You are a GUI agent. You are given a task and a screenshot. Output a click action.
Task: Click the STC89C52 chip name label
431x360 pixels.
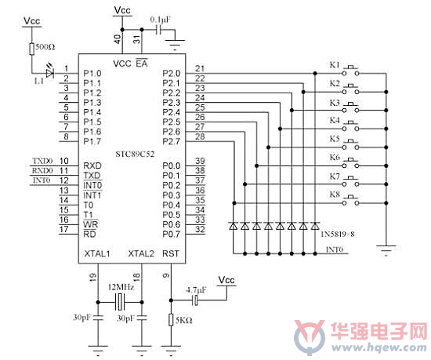[135, 154]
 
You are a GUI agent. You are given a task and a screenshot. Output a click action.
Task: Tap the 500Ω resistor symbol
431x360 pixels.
[32, 49]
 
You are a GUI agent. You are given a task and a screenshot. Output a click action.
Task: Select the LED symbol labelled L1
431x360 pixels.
[50, 73]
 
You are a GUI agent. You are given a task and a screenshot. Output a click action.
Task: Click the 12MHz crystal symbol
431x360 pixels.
[120, 302]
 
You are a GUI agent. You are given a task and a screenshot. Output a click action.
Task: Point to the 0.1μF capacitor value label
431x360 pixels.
[160, 20]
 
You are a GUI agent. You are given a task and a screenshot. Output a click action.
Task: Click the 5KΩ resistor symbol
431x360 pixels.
[171, 320]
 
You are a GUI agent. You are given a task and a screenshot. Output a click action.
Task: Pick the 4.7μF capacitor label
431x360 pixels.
[196, 290]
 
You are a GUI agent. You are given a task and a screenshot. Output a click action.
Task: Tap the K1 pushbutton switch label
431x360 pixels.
[335, 65]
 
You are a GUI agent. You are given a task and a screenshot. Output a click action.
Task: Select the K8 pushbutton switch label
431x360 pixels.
[335, 195]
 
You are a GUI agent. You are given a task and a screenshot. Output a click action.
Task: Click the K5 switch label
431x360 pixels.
[335, 139]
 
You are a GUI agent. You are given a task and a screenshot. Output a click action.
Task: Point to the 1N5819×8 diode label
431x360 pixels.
[338, 235]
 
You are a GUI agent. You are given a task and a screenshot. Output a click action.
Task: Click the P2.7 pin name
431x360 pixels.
[172, 141]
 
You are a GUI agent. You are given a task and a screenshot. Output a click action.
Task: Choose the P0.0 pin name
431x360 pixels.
[172, 165]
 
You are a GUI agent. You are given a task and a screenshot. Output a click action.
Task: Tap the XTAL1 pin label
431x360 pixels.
[97, 253]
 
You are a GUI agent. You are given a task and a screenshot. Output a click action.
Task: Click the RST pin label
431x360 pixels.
[170, 253]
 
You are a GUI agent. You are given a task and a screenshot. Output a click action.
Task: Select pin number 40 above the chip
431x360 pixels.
[118, 39]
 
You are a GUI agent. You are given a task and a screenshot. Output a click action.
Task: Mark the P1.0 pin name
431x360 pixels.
[92, 74]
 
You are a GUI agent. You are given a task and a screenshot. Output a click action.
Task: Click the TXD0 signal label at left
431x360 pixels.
[42, 161]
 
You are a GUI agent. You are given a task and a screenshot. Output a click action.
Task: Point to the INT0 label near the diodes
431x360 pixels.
[335, 249]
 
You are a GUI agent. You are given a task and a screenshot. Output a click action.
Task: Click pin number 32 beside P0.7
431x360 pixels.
[200, 229]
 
